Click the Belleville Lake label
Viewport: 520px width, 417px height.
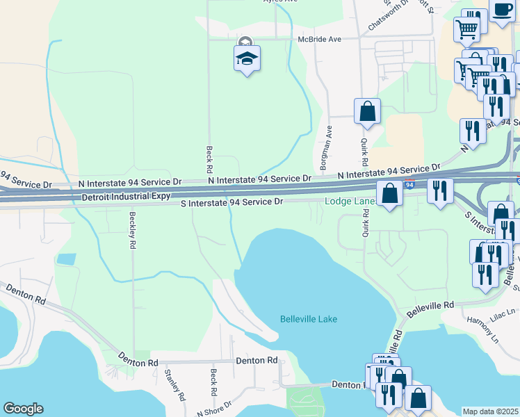click(x=308, y=319)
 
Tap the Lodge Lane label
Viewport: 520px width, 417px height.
click(x=350, y=202)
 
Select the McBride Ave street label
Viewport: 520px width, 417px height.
click(x=320, y=40)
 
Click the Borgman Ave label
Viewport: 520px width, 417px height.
click(x=324, y=148)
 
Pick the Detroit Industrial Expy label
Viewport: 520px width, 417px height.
click(x=126, y=197)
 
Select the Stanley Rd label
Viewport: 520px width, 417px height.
click(x=175, y=384)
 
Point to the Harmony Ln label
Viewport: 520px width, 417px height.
click(x=484, y=330)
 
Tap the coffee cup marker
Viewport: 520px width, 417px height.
click(x=502, y=10)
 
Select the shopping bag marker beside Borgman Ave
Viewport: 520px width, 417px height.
click(x=367, y=111)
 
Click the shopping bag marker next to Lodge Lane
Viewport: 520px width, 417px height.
click(x=390, y=194)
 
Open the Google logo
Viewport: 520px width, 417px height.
click(x=23, y=409)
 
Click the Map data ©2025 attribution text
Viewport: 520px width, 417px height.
click(x=490, y=411)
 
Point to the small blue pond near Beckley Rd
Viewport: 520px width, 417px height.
click(x=65, y=259)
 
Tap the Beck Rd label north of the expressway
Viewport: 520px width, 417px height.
click(x=209, y=159)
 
